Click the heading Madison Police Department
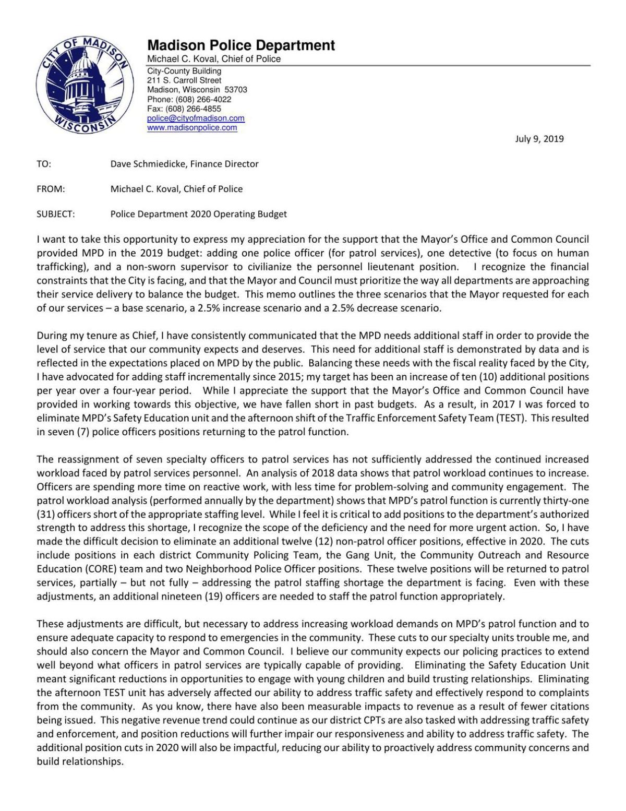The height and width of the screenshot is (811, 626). [241, 46]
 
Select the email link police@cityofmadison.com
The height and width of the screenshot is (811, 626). [196, 118]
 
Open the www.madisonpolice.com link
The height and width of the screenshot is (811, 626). [192, 128]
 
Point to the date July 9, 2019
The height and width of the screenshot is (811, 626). [539, 139]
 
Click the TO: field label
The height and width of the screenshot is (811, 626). [44, 164]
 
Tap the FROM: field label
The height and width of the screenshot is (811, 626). [51, 189]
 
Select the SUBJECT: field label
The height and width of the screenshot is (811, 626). [56, 214]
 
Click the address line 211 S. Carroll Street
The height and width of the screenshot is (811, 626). [184, 81]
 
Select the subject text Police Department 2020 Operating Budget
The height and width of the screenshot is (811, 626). [198, 214]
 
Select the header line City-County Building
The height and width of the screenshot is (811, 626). [184, 71]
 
